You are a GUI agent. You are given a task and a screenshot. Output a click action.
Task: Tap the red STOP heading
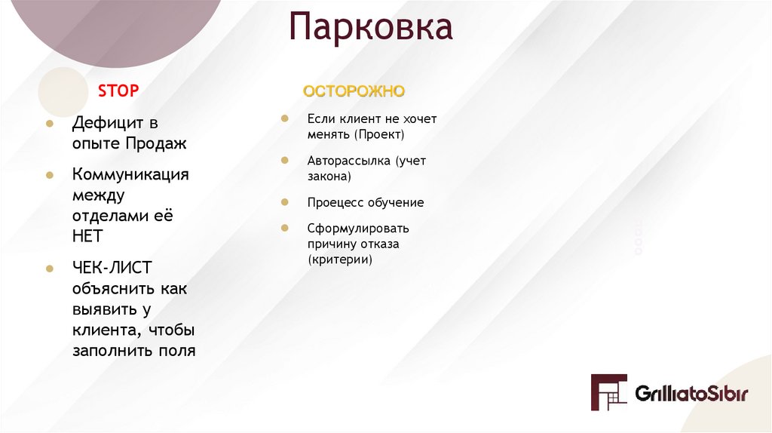(x=118, y=91)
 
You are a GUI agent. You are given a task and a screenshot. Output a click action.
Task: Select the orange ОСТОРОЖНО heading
(x=354, y=91)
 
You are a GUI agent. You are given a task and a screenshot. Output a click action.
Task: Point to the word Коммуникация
(x=130, y=174)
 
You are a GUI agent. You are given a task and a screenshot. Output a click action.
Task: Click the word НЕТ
(x=87, y=236)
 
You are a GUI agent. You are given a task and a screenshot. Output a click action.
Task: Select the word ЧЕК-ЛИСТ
(x=112, y=268)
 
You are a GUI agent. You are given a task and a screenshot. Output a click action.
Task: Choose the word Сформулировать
(x=358, y=228)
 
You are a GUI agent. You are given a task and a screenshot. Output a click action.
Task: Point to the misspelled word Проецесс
(x=335, y=202)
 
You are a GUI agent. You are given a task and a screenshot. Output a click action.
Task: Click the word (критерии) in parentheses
(x=340, y=259)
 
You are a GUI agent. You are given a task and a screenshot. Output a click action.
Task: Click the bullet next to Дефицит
(x=49, y=122)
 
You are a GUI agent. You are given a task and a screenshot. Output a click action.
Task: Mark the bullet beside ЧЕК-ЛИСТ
(x=49, y=269)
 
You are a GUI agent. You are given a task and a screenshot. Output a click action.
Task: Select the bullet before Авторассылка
(x=284, y=161)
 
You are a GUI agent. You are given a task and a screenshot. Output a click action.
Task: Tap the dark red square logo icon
(x=608, y=392)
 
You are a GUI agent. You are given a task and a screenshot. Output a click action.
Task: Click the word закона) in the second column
(x=329, y=177)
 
